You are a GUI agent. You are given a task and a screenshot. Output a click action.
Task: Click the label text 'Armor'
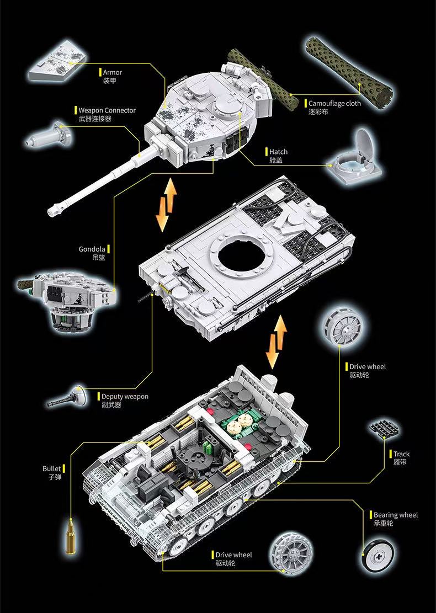click(x=113, y=72)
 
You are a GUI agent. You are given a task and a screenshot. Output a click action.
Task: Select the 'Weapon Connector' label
click(x=107, y=110)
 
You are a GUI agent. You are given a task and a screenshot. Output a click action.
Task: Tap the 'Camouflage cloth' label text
click(x=334, y=103)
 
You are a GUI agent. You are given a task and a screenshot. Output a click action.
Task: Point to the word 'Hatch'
click(x=278, y=152)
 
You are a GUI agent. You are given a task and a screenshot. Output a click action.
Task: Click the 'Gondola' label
click(x=92, y=249)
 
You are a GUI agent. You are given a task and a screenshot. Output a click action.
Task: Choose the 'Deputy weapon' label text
click(x=125, y=396)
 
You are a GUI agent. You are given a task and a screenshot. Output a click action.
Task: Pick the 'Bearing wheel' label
click(x=396, y=515)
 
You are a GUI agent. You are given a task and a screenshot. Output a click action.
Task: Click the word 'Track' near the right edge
click(x=401, y=454)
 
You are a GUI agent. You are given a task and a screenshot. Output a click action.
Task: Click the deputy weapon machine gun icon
click(x=70, y=397)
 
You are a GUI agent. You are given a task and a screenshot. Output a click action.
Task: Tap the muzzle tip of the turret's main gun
click(x=54, y=210)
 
